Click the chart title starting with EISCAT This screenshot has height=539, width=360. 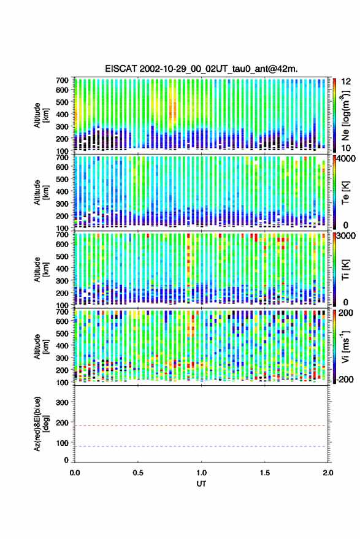pos(201,69)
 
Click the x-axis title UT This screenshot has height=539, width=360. pos(201,484)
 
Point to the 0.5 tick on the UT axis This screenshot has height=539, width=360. pos(138,473)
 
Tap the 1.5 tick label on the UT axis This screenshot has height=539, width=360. pos(265,473)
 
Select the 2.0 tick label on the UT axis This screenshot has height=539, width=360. pos(328,473)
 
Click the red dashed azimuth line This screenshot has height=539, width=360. pos(201,426)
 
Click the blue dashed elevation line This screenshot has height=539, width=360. pos(201,446)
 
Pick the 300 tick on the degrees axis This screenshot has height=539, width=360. pos(62,402)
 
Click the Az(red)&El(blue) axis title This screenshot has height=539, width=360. pos(42,424)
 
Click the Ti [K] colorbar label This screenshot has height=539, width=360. pos(345,270)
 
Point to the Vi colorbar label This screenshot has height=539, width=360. pos(346,346)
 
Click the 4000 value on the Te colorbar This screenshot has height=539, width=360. pos(347,159)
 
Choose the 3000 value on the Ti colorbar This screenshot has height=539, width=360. pos(347,235)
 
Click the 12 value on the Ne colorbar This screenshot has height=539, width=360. pos(346,81)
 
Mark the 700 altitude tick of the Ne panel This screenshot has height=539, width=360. pos(62,80)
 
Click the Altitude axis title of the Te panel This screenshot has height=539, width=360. pos(42,193)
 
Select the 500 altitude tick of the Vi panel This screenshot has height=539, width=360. pos(62,334)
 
